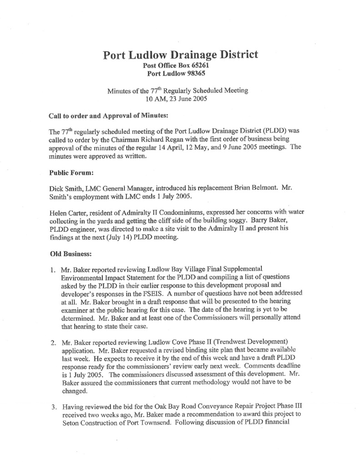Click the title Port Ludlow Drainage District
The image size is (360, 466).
181,55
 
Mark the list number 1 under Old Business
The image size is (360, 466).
53,269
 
